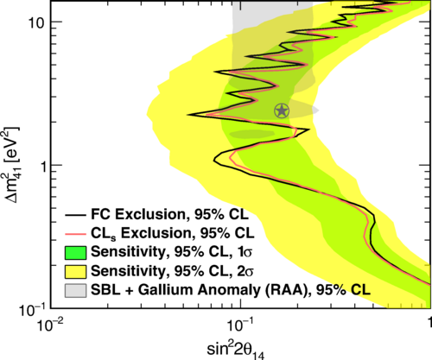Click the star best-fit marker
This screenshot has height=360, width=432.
click(x=282, y=111)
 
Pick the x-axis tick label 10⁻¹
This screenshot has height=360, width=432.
click(x=241, y=325)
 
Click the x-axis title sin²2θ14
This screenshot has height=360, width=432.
click(x=236, y=350)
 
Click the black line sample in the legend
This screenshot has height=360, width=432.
click(x=75, y=215)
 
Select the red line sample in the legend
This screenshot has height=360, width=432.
click(x=75, y=234)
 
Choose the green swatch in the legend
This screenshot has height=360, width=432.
click(x=75, y=253)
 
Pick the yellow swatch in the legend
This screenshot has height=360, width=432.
click(x=75, y=272)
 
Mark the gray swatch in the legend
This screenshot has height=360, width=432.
click(x=75, y=290)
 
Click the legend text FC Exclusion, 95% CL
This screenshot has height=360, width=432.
click(x=169, y=214)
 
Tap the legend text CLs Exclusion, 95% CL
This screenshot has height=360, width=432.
click(x=173, y=233)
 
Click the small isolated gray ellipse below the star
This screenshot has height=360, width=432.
click(x=251, y=134)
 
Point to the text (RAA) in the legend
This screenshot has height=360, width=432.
click(x=289, y=290)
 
